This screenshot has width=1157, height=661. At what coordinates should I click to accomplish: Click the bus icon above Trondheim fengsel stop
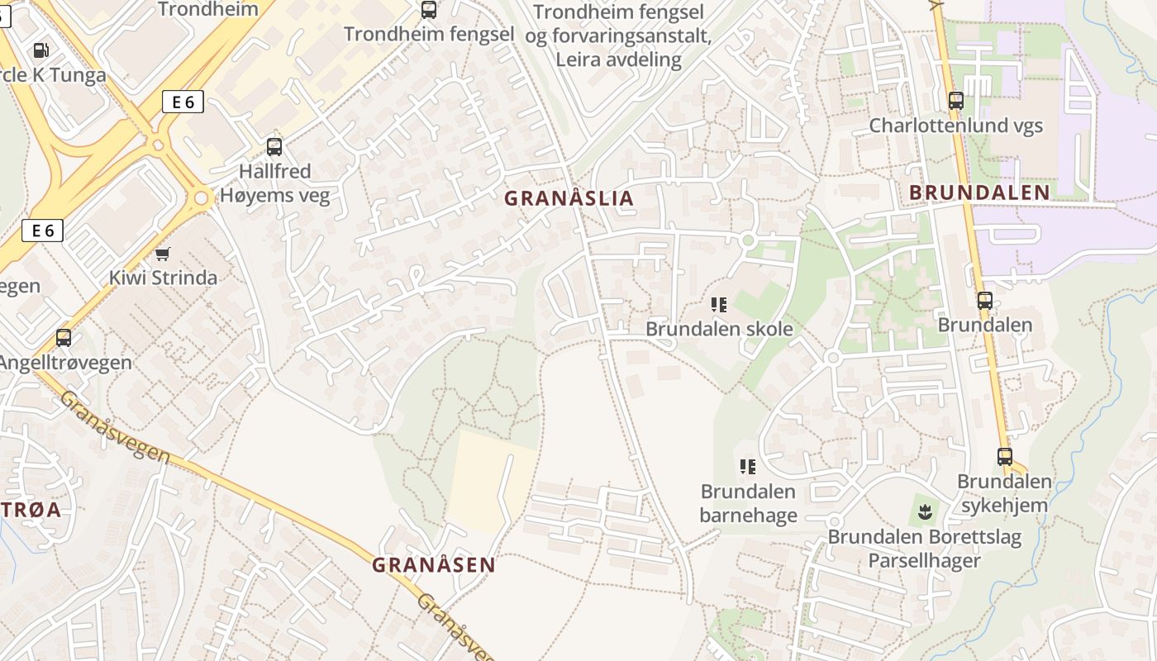tap(428, 10)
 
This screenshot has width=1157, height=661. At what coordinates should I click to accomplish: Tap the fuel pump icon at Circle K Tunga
tap(40, 50)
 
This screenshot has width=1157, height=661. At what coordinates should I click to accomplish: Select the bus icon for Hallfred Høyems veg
tap(274, 147)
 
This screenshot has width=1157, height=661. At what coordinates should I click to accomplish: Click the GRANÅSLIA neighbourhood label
tap(569, 198)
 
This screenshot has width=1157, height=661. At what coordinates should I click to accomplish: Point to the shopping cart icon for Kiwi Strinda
tap(163, 254)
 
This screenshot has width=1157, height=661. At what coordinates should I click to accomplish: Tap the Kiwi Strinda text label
tap(164, 278)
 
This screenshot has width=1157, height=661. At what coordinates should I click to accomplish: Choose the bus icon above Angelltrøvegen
tap(64, 337)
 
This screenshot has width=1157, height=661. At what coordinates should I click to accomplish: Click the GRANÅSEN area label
tap(433, 565)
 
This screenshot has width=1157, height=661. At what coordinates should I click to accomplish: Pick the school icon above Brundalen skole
tap(719, 304)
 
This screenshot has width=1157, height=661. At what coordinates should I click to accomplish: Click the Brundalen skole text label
tap(719, 329)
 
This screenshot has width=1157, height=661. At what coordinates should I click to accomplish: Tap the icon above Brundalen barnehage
tap(748, 467)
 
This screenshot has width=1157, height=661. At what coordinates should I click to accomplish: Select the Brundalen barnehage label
tap(748, 503)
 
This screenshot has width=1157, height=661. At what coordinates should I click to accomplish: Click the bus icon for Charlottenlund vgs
tap(956, 101)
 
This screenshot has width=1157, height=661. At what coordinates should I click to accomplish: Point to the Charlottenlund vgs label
tap(955, 126)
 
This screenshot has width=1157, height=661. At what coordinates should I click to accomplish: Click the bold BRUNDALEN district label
tap(979, 193)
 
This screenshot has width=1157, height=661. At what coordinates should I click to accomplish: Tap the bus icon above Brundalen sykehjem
tap(1005, 456)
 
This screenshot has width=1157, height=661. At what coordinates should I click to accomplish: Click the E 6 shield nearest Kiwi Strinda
tap(42, 231)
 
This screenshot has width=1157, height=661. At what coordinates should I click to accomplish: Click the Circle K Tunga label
tap(53, 75)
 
